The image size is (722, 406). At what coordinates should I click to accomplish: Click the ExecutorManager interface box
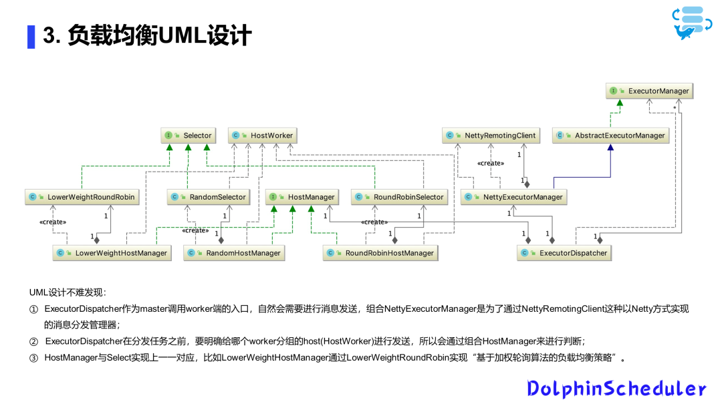tap(648, 91)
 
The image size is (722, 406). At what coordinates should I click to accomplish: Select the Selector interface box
tap(189, 136)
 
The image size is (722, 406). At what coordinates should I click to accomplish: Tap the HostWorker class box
tap(263, 136)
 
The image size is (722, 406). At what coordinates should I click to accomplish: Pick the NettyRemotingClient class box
tap(491, 136)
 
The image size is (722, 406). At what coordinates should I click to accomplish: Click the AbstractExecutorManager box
tap(611, 136)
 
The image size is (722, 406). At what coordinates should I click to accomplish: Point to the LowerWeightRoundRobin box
tap(82, 197)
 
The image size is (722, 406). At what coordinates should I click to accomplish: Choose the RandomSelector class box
tap(209, 197)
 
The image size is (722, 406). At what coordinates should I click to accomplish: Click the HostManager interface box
tap(303, 197)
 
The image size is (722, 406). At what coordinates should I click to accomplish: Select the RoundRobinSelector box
tap(400, 197)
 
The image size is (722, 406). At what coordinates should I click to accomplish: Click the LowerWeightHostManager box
tap(112, 253)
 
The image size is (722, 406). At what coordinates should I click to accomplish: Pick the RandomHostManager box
tap(235, 253)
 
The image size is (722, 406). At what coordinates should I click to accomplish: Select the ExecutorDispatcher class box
tap(565, 253)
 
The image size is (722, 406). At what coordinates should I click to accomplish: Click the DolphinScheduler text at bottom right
tap(616, 389)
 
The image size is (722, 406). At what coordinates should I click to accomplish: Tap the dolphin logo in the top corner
tap(689, 23)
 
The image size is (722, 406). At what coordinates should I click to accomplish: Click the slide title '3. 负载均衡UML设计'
tap(147, 36)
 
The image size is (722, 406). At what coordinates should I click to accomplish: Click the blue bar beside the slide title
tap(31, 36)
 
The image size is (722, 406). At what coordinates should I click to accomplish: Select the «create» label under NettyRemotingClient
tap(490, 163)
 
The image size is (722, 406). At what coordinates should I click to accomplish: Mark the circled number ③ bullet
tap(34, 358)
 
